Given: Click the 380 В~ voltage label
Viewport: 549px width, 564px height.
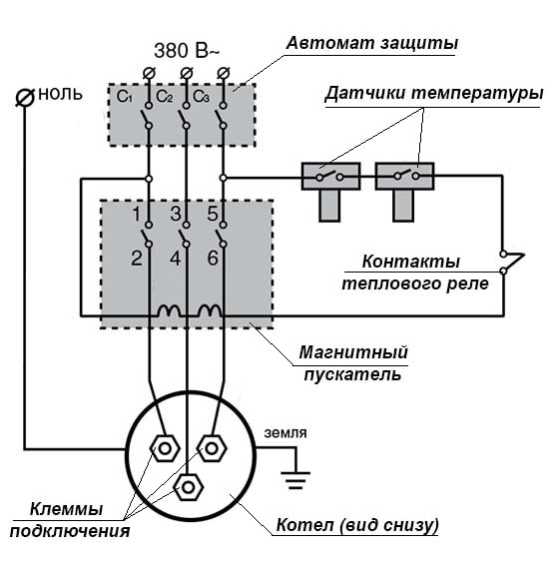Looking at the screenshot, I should click(x=187, y=50).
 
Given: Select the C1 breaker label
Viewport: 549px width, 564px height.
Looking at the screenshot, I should click(x=125, y=97).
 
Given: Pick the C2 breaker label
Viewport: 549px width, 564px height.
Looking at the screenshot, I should click(x=165, y=97).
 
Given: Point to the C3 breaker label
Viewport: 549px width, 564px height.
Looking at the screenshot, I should click(x=201, y=97).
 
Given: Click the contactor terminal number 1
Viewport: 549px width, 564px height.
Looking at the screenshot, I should click(x=137, y=214).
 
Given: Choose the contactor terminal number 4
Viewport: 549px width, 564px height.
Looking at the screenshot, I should click(x=176, y=259).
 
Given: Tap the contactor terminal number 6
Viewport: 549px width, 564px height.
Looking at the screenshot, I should click(x=213, y=259).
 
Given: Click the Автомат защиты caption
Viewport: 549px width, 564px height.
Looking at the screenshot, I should click(x=372, y=44).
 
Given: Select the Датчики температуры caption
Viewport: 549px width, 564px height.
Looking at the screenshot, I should click(x=433, y=93).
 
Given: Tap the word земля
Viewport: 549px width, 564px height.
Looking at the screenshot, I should click(x=284, y=433).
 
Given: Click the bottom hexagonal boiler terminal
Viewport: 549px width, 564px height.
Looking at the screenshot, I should click(x=187, y=487).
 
